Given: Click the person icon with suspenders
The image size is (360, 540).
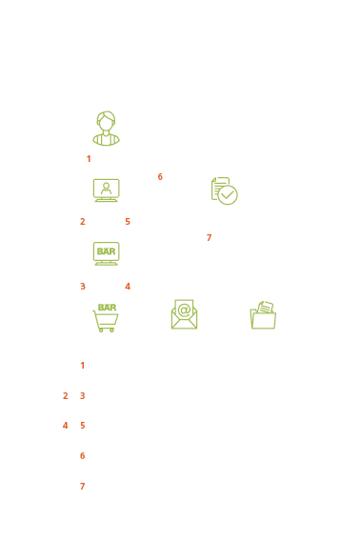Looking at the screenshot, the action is click(x=106, y=129).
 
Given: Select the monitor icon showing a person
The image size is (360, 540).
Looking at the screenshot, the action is click(x=106, y=190).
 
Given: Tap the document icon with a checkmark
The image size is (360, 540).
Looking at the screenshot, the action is click(x=224, y=190).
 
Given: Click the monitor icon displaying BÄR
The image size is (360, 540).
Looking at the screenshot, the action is click(x=106, y=253).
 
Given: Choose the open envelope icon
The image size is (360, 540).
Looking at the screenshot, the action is click(x=185, y=314).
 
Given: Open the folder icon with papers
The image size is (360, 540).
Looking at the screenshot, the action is click(x=263, y=315).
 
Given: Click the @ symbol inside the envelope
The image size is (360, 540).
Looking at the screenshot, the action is click(x=185, y=310).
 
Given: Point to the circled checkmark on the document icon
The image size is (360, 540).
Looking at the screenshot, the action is click(x=228, y=195).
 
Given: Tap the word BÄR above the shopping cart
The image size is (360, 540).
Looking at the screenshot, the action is click(x=107, y=308).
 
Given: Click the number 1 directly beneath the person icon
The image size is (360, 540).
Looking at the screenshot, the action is click(x=89, y=159).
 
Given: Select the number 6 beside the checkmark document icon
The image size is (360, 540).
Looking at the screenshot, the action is click(x=160, y=177).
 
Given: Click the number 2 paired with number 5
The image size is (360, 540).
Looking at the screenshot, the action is click(x=82, y=222).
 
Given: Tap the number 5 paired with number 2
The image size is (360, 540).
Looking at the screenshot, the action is click(x=128, y=222).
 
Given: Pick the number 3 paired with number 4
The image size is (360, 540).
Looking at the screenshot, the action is click(x=82, y=286).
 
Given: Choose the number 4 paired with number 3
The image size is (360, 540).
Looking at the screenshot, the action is click(x=128, y=286).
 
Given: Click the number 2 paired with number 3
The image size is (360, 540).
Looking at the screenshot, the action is click(x=65, y=395).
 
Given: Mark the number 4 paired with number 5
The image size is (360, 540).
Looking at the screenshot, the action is click(x=65, y=426).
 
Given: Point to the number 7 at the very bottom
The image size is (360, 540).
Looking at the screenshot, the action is click(x=82, y=486).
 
